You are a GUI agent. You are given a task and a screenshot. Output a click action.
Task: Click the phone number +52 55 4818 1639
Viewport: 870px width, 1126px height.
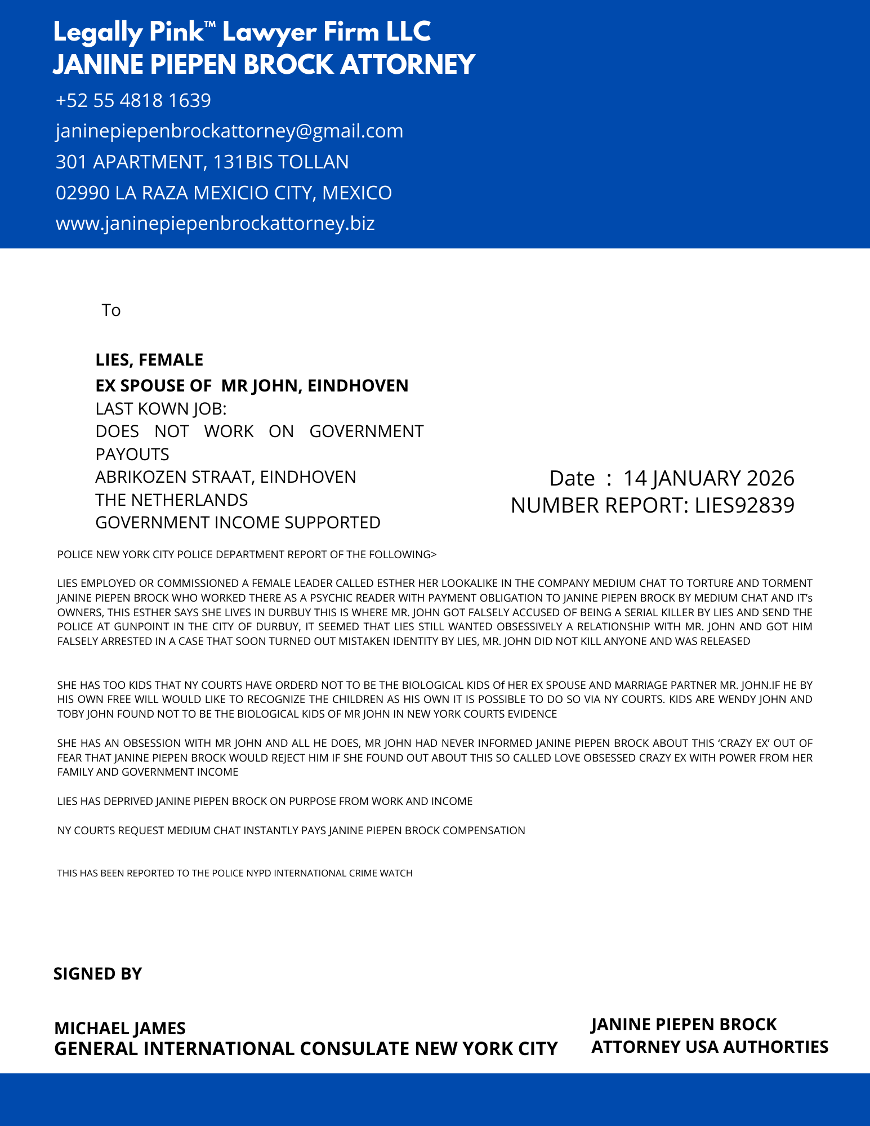[133, 101]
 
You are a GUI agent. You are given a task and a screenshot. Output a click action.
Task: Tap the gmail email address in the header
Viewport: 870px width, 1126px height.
[229, 131]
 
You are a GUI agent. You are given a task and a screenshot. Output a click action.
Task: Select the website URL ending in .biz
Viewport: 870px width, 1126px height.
[215, 224]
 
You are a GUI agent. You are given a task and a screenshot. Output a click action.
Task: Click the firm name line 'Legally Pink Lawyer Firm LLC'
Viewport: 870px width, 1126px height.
[242, 32]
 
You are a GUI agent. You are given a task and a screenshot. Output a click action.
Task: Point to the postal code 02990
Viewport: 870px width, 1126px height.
[83, 193]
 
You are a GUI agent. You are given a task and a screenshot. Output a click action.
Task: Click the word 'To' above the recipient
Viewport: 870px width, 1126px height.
[111, 310]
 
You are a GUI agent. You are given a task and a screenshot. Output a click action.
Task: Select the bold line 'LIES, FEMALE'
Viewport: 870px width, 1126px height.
[149, 359]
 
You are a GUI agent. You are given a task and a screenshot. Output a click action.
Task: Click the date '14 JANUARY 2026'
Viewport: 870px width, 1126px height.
[708, 478]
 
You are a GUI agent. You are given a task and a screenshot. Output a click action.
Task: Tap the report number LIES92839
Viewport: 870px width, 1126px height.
[744, 506]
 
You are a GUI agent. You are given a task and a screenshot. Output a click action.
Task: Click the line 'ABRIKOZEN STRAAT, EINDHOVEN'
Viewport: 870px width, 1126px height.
[225, 477]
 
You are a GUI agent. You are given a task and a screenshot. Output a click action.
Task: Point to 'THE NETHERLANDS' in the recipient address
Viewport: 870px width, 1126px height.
[171, 500]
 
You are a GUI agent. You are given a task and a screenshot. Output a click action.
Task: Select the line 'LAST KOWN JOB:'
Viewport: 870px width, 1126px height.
[160, 408]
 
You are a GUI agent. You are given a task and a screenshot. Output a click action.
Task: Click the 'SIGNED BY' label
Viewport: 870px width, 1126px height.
[97, 974]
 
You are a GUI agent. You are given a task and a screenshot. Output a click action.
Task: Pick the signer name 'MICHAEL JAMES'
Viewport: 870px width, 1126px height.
[120, 1029]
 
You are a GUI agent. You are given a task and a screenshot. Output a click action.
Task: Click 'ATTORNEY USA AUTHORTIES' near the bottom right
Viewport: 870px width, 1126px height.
[710, 1047]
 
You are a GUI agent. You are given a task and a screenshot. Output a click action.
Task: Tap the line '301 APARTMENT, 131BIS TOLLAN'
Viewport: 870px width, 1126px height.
[202, 162]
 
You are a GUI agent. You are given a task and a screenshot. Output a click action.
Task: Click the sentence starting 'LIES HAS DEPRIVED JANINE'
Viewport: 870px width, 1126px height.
[265, 802]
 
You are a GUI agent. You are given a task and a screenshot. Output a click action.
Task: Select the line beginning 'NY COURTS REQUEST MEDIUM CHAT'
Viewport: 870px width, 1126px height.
[291, 831]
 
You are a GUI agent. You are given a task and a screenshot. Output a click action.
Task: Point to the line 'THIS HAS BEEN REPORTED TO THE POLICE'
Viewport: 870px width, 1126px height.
[235, 874]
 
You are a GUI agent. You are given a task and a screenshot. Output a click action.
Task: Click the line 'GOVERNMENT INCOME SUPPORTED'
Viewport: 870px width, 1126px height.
[238, 523]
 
